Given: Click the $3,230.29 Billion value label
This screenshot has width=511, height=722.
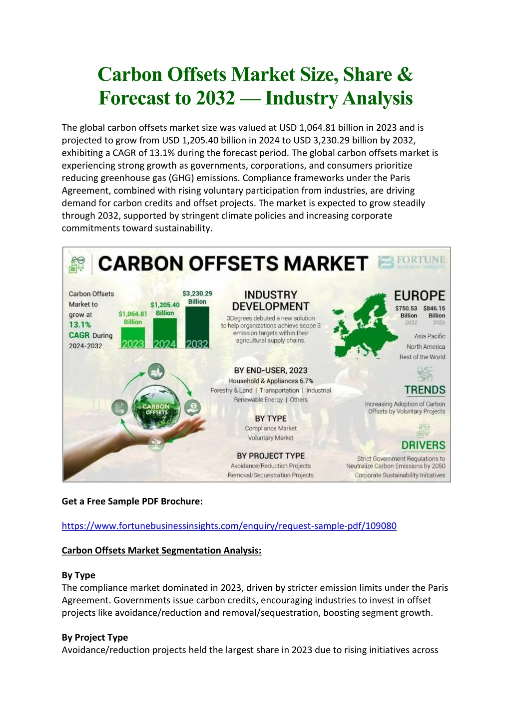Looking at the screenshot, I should pyautogui.click(x=197, y=297).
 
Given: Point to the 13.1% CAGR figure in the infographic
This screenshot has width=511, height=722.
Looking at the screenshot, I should pyautogui.click(x=80, y=325).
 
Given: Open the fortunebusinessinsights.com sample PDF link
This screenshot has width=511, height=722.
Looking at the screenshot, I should pyautogui.click(x=229, y=526).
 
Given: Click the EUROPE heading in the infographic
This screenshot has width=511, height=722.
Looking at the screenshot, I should pyautogui.click(x=419, y=295).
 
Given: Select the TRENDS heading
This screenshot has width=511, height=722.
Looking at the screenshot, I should pyautogui.click(x=425, y=390).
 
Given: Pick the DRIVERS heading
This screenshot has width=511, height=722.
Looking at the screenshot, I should pyautogui.click(x=423, y=445).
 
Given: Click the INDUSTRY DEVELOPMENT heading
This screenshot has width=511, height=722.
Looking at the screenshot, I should pyautogui.click(x=271, y=300).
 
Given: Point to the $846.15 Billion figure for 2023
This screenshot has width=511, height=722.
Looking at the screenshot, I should pyautogui.click(x=434, y=312).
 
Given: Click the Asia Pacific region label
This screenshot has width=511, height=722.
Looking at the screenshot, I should pyautogui.click(x=429, y=336).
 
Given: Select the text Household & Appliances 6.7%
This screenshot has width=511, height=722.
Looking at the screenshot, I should pyautogui.click(x=271, y=381).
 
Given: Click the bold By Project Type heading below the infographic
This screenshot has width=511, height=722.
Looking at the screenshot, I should pyautogui.click(x=95, y=637).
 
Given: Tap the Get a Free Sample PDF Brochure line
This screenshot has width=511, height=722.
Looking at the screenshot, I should pyautogui.click(x=132, y=501).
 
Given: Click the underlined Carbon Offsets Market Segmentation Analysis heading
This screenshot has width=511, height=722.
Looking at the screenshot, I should pyautogui.click(x=161, y=550).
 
